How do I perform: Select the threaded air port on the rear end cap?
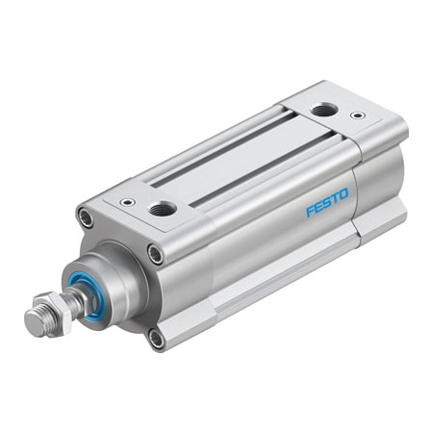click(320, 112)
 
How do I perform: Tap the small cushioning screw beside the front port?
click(126, 204)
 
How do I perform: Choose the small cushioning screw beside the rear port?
click(358, 116)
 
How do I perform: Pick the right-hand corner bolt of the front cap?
click(156, 254)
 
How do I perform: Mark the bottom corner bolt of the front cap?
click(156, 336)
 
